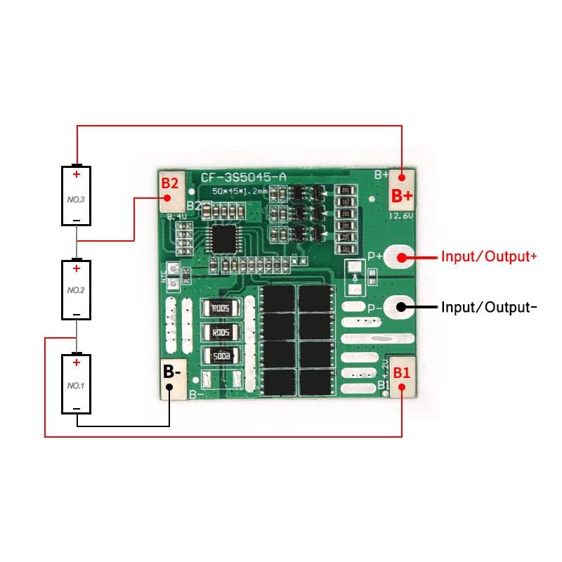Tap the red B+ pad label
[403, 195]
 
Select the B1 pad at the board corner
[402, 373]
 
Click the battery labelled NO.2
[77, 289]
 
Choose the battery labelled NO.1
[77, 385]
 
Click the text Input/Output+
[489, 257]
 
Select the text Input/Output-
[489, 307]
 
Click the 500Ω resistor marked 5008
[221, 355]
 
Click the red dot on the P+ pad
[403, 257]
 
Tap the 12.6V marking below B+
[399, 216]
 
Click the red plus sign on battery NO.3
[77, 174]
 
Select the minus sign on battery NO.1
[77, 408]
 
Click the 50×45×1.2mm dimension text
[240, 191]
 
